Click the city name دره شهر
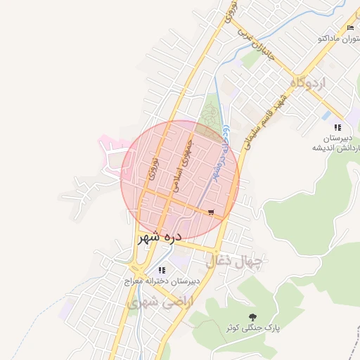[160, 237]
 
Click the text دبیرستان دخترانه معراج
[162, 281]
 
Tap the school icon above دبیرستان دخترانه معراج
[162, 269]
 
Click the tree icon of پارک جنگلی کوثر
[253, 317]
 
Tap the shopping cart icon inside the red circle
[211, 212]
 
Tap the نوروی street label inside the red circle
[155, 171]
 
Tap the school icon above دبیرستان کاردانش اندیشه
[337, 127]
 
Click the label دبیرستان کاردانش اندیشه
[337, 143]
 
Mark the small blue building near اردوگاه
[326, 115]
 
